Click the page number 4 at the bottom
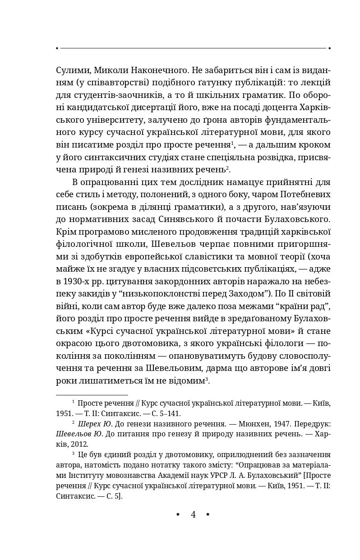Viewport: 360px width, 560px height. pos(193,515)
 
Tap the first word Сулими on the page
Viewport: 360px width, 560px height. pos(72,70)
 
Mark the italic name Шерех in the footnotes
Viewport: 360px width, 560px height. pos(89,424)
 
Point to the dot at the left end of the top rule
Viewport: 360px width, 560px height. pos(57,48)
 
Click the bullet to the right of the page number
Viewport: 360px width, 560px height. pos(208,515)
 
